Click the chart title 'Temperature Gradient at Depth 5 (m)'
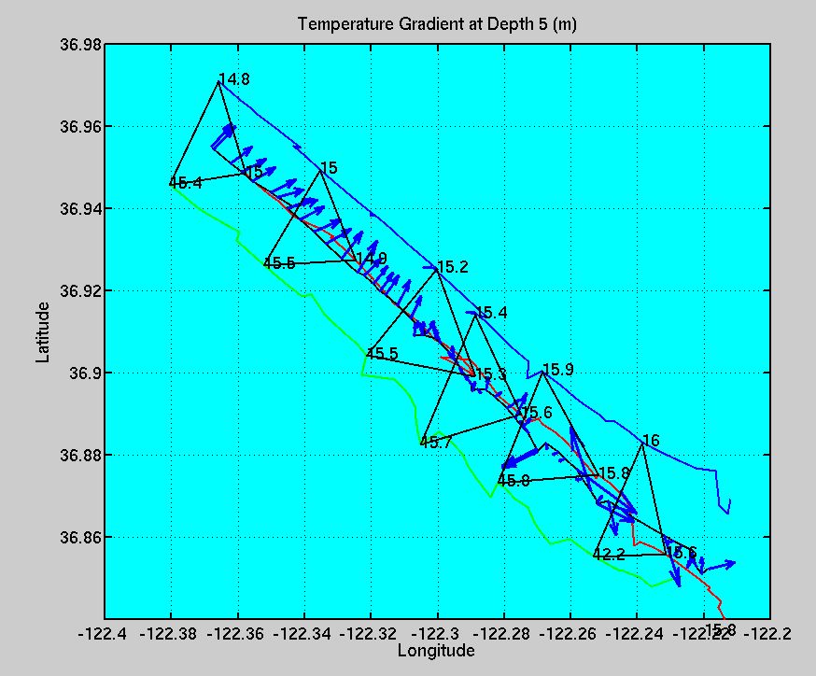pyautogui.click(x=437, y=24)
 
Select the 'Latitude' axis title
pyautogui.click(x=43, y=331)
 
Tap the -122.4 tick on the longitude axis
pyautogui.click(x=105, y=633)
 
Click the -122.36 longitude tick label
pyautogui.click(x=237, y=633)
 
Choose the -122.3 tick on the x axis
pyautogui.click(x=437, y=633)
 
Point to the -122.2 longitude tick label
pyautogui.click(x=769, y=633)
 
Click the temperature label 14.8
pyautogui.click(x=233, y=79)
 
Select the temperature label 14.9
pyautogui.click(x=371, y=258)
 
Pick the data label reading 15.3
pyautogui.click(x=491, y=374)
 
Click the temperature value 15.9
pyautogui.click(x=557, y=370)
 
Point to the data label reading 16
pyautogui.click(x=651, y=441)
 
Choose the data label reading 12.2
pyautogui.click(x=609, y=555)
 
